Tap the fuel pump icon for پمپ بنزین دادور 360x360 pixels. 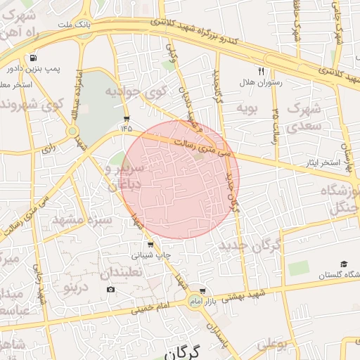[x=32, y=58]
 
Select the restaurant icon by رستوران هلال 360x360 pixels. [x=261, y=71]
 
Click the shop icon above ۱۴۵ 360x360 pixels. [x=126, y=118]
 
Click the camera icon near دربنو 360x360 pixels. [x=111, y=290]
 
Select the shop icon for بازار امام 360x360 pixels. [x=203, y=290]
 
